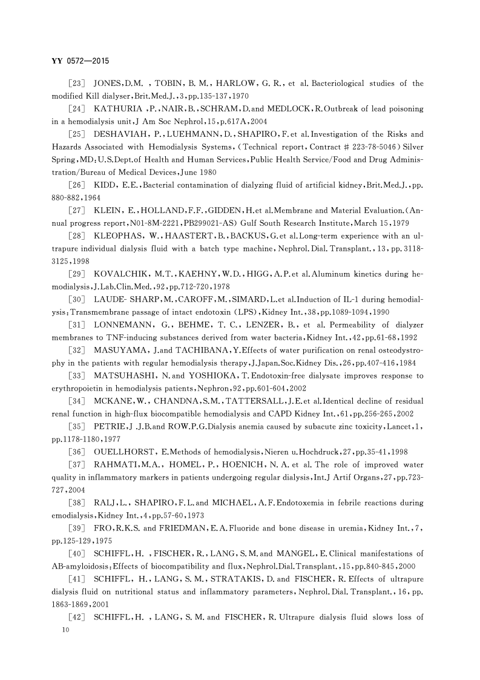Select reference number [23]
pos(81,83)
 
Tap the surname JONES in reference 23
pos(110,83)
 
